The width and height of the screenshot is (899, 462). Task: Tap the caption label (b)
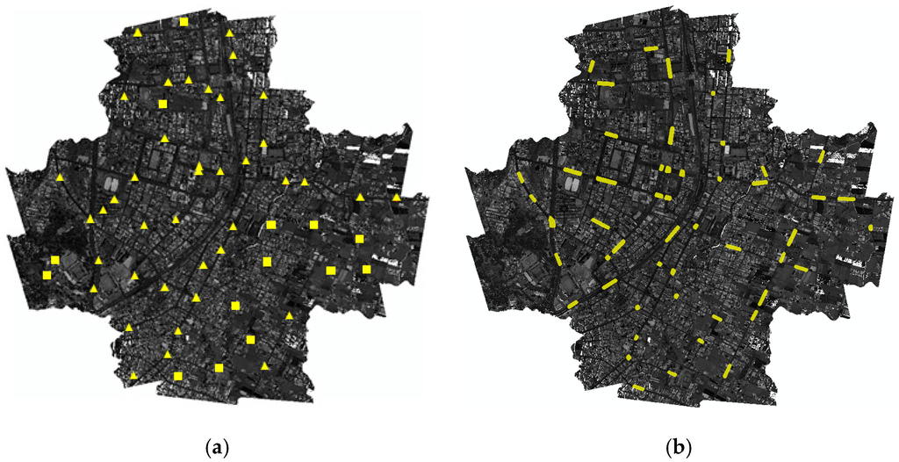coord(680,449)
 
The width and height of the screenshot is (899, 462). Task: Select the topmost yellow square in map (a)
coord(183,21)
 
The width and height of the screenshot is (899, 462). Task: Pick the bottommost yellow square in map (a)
coord(178,376)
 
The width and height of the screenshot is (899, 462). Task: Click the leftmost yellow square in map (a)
coord(47,275)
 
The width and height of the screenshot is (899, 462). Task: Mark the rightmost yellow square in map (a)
coord(366,269)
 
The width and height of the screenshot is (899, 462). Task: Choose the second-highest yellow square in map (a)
coord(162,105)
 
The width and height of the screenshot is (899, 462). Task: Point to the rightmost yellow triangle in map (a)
coord(397,198)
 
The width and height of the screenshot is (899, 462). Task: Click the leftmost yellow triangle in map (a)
coord(60,177)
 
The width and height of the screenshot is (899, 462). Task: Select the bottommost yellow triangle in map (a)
coord(133,376)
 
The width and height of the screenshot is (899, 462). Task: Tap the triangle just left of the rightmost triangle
coord(360,198)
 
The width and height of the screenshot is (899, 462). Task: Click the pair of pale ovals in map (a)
coord(111,185)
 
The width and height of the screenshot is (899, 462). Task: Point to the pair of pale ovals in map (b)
coord(572,185)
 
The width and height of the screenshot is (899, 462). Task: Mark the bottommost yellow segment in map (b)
coord(638,386)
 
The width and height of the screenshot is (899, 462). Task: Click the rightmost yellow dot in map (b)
coord(871,227)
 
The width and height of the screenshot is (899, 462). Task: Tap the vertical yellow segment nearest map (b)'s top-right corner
coord(729,55)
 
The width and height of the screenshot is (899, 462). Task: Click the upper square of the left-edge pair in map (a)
coord(55,260)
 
